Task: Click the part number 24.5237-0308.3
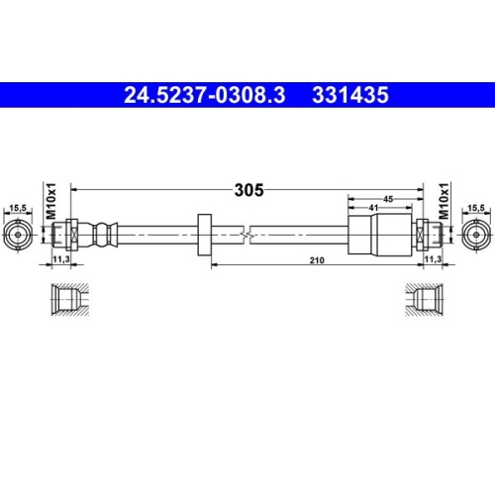[203, 96]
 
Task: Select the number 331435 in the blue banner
[350, 96]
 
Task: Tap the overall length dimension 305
[248, 191]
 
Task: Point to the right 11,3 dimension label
[433, 259]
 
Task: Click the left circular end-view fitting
[17, 234]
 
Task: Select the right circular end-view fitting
[475, 234]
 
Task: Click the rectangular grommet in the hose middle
[206, 235]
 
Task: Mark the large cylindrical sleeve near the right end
[379, 234]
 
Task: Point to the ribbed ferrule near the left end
[100, 234]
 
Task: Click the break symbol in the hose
[248, 234]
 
